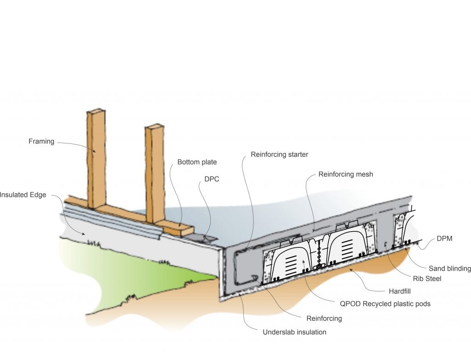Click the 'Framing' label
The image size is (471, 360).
41,142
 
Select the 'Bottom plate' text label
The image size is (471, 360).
197,162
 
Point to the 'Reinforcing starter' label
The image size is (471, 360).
279,154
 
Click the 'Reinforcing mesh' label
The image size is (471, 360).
345,174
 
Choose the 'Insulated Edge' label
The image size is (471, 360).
23,195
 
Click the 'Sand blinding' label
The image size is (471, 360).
450,269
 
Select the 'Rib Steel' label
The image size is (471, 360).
427,279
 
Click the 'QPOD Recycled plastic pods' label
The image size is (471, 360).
385,303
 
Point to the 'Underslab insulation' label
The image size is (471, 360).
294,332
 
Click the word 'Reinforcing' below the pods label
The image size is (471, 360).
324,318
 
